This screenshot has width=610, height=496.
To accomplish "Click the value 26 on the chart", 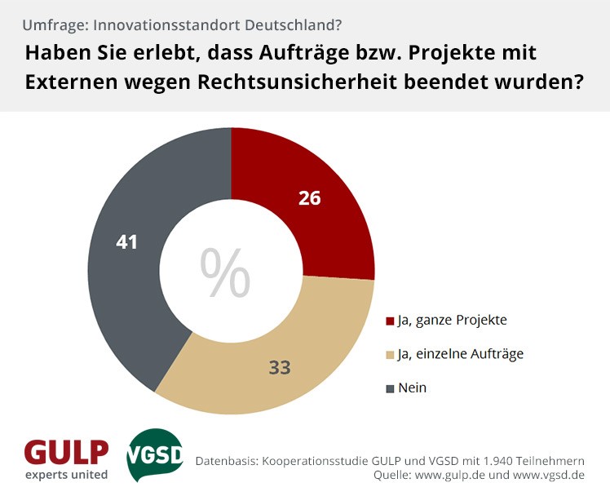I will [x=309, y=198].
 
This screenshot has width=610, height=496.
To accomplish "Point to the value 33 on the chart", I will [x=280, y=367].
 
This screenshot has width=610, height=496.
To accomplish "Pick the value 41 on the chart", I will [x=127, y=242].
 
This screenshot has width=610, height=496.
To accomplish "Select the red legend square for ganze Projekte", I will [x=390, y=321].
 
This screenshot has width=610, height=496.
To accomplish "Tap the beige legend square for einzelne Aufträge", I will [x=390, y=355].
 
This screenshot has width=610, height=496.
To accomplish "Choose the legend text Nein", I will [x=412, y=388].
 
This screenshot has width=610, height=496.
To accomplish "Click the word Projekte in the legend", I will [x=481, y=321].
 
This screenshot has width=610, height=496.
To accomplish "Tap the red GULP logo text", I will [x=66, y=451].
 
